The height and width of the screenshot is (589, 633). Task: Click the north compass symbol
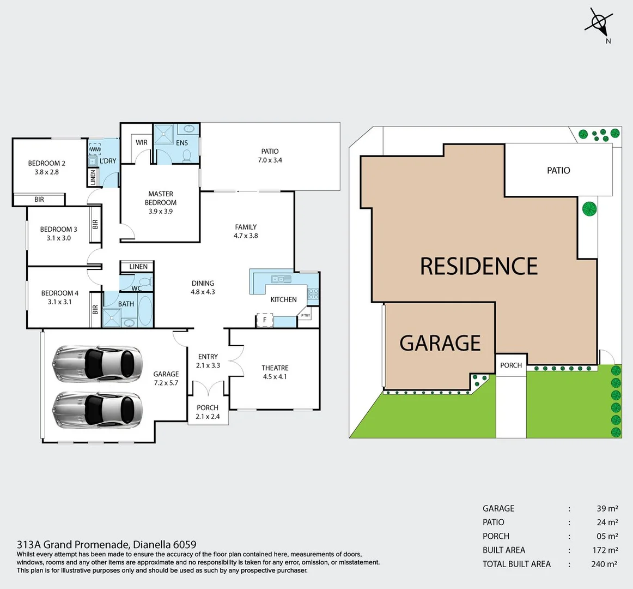click(x=599, y=23)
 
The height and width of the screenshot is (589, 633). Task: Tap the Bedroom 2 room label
click(x=47, y=167)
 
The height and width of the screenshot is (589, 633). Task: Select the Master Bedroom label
click(x=161, y=202)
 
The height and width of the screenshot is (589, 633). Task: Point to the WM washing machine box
click(x=95, y=149)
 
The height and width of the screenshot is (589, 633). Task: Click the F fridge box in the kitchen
click(x=265, y=320)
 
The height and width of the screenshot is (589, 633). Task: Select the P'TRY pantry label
click(x=305, y=316)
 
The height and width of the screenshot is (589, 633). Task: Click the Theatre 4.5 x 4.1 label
click(x=275, y=372)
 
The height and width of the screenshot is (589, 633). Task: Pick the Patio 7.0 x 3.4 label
click(x=270, y=155)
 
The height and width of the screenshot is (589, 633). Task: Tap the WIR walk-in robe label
click(x=142, y=143)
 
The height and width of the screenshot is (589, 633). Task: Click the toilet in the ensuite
click(x=187, y=156)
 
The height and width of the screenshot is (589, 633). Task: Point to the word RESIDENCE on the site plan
click(x=479, y=266)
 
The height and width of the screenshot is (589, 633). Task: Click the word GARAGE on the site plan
click(x=440, y=343)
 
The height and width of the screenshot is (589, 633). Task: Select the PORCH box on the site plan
click(x=511, y=365)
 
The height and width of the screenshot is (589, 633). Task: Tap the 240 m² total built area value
click(x=604, y=564)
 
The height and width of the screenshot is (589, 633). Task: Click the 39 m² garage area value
click(x=607, y=508)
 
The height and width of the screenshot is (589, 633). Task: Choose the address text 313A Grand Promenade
click(x=106, y=544)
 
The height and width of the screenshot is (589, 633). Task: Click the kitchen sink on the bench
click(x=282, y=279)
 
